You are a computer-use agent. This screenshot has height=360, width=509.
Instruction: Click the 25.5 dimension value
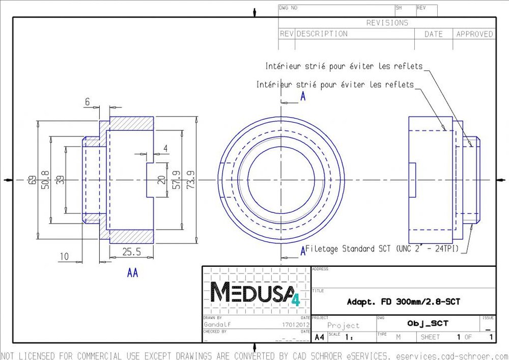click(131, 251)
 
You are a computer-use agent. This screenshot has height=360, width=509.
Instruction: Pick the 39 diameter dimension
click(60, 180)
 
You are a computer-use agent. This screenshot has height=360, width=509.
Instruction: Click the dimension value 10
click(64, 256)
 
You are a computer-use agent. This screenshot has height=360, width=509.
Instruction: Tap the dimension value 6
click(87, 102)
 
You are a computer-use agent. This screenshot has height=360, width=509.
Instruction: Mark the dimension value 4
click(165, 148)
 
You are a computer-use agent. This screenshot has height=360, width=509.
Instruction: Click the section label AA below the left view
click(132, 273)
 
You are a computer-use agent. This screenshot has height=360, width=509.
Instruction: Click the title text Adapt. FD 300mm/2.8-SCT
click(403, 302)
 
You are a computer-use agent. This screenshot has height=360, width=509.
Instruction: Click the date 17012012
click(296, 324)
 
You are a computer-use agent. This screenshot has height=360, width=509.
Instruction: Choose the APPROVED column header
click(474, 34)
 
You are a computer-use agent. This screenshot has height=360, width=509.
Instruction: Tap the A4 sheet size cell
click(319, 337)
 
